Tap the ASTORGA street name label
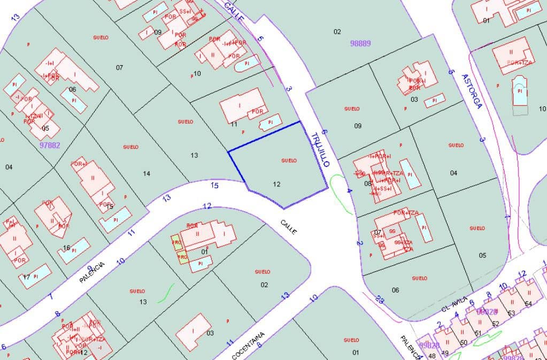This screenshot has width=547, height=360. coord(472,91)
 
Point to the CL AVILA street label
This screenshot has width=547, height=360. coord(454,304)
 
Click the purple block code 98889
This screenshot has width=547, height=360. coord(360,43)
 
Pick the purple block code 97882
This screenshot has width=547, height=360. coord(50,145)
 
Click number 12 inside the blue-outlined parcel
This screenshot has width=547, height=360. coord(276,184)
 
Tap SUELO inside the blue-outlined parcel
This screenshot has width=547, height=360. coord(289,160)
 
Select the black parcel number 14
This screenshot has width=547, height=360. coord(147,173)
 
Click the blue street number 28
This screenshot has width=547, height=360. coord(380,300)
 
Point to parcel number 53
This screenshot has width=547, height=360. coord(511,313)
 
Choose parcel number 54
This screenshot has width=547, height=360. coord(528,303)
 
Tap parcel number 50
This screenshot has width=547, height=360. coord(463,342)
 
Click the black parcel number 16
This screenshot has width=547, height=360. coord(67,248)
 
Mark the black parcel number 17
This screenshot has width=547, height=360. coord(26,277)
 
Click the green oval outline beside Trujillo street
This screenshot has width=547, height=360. coord(341,193)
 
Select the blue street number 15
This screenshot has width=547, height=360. coord(215,186)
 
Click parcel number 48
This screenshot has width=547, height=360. coord(432,355)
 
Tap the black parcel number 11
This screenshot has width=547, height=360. coord(234,124)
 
